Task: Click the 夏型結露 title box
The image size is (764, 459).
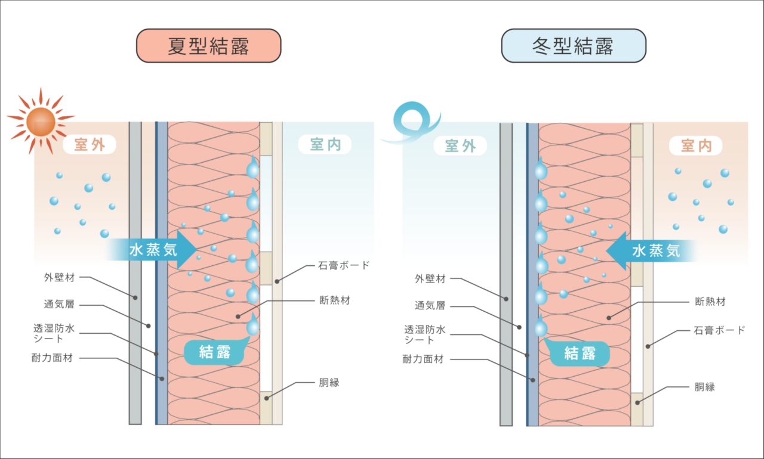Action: coord(208,46)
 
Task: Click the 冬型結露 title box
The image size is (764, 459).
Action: coord(573,46)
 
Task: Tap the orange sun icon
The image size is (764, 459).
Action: coord(41,121)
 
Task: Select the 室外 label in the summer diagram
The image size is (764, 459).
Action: coord(90,145)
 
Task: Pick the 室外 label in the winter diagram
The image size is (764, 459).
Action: coord(460,145)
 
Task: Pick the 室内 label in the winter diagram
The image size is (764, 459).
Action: coord(695,145)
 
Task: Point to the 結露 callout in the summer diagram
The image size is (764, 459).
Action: coord(215,352)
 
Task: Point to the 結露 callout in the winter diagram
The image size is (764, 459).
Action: coord(580,353)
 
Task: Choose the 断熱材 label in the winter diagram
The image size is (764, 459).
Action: coord(710,302)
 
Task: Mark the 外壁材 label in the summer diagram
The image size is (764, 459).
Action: coord(59,277)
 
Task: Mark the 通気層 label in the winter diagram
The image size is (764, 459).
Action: coord(430,306)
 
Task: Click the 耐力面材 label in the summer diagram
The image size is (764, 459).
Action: coord(52,358)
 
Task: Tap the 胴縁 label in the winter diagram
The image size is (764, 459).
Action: coord(704,386)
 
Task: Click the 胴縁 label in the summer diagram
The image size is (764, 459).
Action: coord(329,383)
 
